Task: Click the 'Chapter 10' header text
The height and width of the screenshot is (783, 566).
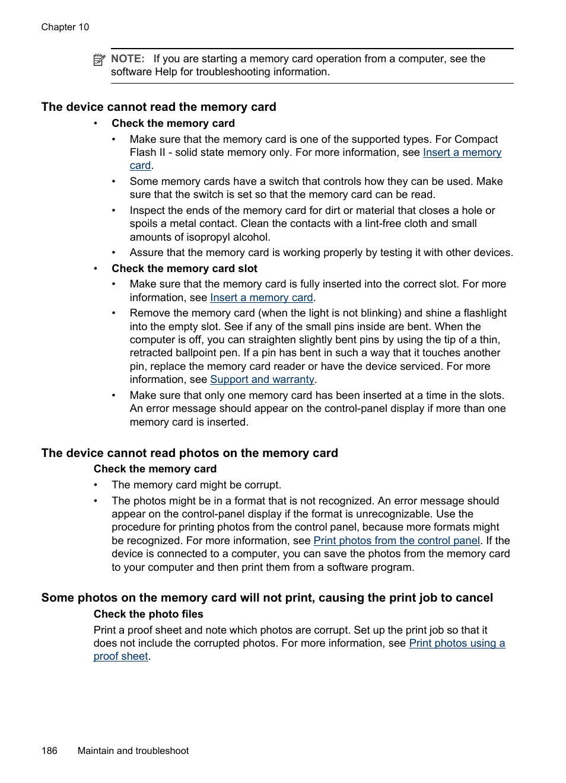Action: coord(65,27)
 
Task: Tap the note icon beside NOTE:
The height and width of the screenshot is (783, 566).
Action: coord(99,59)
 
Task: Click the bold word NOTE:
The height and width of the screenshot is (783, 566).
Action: coord(128,59)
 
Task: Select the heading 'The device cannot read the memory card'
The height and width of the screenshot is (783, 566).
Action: coord(158,107)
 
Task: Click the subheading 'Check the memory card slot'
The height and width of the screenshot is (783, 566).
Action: coord(184,269)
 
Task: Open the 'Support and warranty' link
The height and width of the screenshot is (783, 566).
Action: coord(262,379)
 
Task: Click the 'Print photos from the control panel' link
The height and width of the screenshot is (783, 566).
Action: coord(396,541)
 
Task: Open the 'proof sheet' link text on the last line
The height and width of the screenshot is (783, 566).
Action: coord(120,656)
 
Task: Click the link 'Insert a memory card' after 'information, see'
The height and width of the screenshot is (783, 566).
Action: coord(261,298)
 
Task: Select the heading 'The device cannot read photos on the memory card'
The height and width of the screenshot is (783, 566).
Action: coord(189,453)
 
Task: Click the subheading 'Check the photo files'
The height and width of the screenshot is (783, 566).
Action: coord(148,614)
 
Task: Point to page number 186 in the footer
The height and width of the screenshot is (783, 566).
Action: coord(49,751)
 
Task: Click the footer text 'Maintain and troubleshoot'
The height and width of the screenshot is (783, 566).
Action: coord(133,751)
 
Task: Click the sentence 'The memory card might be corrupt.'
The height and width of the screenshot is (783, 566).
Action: coord(196,485)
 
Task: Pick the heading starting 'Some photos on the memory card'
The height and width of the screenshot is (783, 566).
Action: coord(267,598)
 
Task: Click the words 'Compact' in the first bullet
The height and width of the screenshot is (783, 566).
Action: coord(476,139)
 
